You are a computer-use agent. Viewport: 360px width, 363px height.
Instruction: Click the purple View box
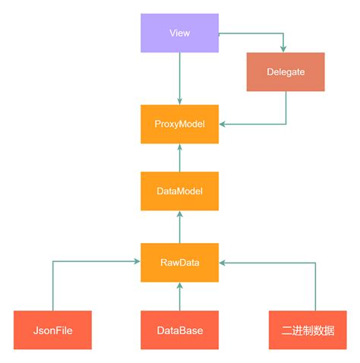pyautogui.click(x=179, y=33)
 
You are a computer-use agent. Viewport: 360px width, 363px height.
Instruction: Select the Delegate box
pyautogui.click(x=286, y=72)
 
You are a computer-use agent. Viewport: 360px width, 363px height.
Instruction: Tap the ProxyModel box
pyautogui.click(x=179, y=124)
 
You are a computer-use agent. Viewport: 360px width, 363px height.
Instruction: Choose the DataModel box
pyautogui.click(x=179, y=191)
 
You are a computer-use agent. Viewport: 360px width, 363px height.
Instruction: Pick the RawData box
pyautogui.click(x=179, y=262)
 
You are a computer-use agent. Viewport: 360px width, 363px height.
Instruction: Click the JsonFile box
pyautogui.click(x=52, y=330)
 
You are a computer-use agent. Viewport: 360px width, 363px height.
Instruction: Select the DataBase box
pyautogui.click(x=179, y=330)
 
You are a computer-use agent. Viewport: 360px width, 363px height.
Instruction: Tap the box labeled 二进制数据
pyautogui.click(x=306, y=330)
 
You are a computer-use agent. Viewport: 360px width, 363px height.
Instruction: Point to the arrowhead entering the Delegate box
pyautogui.click(x=285, y=49)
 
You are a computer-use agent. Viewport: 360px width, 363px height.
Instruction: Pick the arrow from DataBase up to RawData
pyautogui.click(x=179, y=296)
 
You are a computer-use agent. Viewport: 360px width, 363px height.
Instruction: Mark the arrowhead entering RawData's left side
pyautogui.click(x=136, y=262)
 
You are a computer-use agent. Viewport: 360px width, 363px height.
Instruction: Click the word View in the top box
pyautogui.click(x=180, y=33)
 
